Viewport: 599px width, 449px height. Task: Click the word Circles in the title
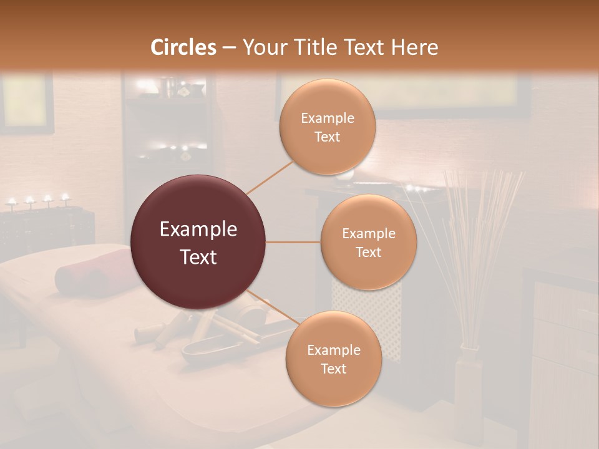[183, 47]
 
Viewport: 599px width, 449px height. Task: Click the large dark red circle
[198, 242]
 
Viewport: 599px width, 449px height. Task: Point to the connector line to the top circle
[270, 177]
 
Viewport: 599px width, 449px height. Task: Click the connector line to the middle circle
[293, 242]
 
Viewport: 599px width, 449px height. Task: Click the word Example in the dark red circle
[198, 229]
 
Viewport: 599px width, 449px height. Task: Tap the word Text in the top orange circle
[327, 137]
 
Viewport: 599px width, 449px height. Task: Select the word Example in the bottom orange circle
[333, 350]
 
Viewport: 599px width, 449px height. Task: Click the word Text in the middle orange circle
[368, 252]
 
